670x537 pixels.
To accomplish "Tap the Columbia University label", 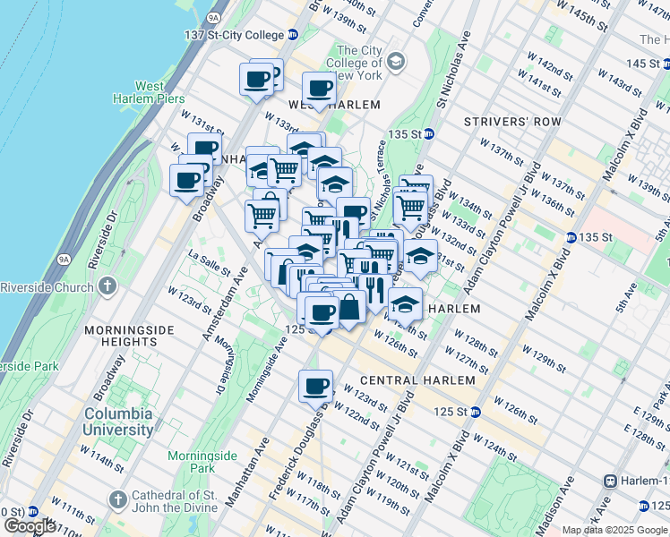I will pyautogui.click(x=119, y=422).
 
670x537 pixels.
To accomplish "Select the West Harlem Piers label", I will pyautogui.click(x=149, y=92).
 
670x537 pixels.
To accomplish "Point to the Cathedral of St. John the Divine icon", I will pyautogui.click(x=117, y=498).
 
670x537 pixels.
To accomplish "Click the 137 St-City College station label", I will pyautogui.click(x=232, y=35).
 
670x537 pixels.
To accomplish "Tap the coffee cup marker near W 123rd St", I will pyautogui.click(x=315, y=387).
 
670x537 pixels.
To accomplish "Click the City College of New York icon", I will pyautogui.click(x=396, y=62).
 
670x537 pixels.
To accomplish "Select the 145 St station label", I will pyautogui.click(x=643, y=64).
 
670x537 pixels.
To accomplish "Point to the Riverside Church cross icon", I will pyautogui.click(x=107, y=287).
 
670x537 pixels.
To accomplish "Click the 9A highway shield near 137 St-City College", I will pyautogui.click(x=213, y=16).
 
